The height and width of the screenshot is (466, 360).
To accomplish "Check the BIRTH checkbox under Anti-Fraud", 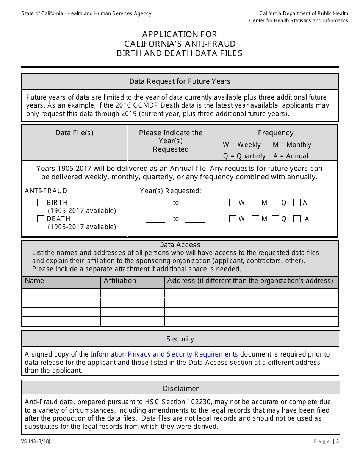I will (x=41, y=203).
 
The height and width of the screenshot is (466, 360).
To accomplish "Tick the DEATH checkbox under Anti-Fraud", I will (x=41, y=219).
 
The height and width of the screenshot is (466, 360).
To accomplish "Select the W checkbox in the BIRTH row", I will (x=233, y=203).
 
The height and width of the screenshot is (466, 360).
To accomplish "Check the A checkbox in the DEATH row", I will (x=297, y=219).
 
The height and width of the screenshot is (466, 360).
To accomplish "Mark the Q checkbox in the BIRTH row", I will (x=275, y=203).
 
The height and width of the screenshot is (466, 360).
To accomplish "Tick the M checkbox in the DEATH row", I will (x=255, y=219).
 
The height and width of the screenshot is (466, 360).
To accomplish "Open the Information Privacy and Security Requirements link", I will (x=164, y=354).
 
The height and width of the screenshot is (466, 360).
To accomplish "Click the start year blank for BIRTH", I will (x=155, y=203).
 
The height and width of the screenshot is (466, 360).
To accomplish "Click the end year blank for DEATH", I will (x=194, y=220).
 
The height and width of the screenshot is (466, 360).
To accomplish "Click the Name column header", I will (x=34, y=281).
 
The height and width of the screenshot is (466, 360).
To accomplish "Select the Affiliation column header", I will (x=120, y=281).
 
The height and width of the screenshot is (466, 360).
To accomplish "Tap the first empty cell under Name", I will (x=61, y=293).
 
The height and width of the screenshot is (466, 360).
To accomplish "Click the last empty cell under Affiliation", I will (x=132, y=321).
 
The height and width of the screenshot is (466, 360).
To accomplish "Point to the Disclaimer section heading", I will (x=180, y=388).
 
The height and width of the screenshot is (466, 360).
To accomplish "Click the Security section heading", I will (x=180, y=339).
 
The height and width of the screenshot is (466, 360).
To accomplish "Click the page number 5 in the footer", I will (x=337, y=441).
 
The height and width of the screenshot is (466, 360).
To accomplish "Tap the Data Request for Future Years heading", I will (x=180, y=81).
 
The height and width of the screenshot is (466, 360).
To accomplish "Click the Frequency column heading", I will (x=275, y=133).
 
